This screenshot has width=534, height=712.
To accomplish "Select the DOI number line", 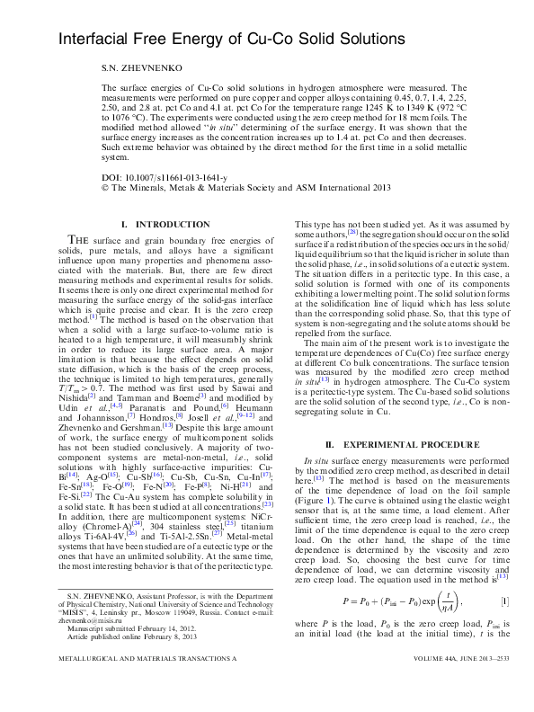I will coord(165,178).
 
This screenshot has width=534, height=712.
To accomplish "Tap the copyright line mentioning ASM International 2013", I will coord(247,188).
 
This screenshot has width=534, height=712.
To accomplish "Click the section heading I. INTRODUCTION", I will coord(166,223).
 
